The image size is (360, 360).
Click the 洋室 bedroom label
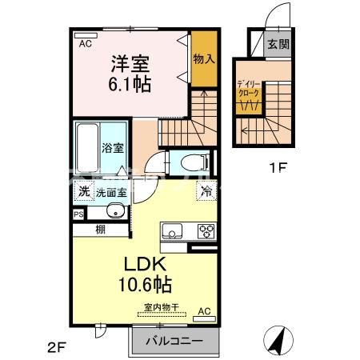pyautogui.click(x=130, y=64)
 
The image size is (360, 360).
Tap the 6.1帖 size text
pyautogui.click(x=130, y=84)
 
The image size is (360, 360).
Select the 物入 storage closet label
pyautogui.click(x=204, y=58)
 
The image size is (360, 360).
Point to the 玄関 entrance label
pyautogui.click(x=278, y=44)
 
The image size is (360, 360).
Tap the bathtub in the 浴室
pyautogui.click(x=87, y=148)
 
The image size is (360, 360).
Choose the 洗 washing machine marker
pyautogui.click(x=84, y=191)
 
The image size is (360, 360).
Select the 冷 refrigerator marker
pyautogui.click(x=206, y=191)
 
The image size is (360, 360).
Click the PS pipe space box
pyautogui.click(x=78, y=214)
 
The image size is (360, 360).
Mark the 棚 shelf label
pyautogui.click(x=101, y=230)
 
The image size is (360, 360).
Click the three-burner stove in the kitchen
pyautogui.click(x=206, y=231)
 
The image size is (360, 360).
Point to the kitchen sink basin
pyautogui.click(x=172, y=230)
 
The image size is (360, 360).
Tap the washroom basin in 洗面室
pyautogui.click(x=115, y=211)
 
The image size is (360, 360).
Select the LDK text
pyautogui.click(x=145, y=264)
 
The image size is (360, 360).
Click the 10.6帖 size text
pyautogui.click(x=145, y=284)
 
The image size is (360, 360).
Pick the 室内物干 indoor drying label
pyautogui.click(x=162, y=307)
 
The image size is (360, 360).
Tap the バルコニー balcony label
pyautogui.click(x=174, y=341)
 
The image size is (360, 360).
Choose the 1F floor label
pyautogui.click(x=278, y=168)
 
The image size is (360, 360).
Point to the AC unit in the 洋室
pyautogui.click(x=86, y=35)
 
